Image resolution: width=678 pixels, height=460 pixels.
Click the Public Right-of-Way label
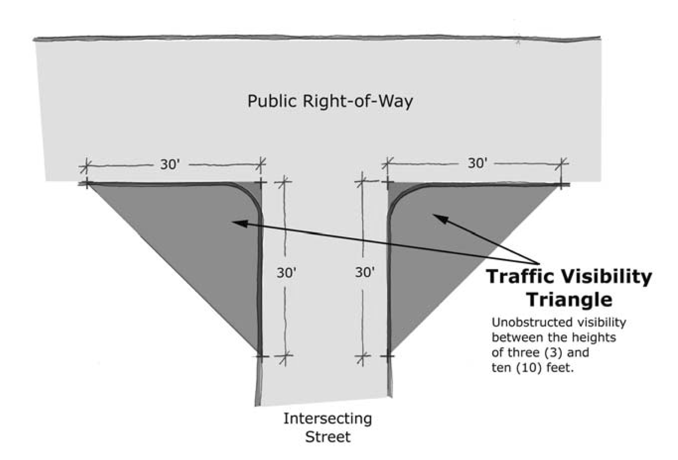pos(330,101)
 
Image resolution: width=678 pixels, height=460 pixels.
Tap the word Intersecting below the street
pos(327,419)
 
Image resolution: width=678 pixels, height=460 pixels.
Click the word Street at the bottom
pos(328,437)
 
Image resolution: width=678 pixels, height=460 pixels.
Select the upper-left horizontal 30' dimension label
pos(170,165)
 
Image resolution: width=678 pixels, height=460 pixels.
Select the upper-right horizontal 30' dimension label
pos(477,163)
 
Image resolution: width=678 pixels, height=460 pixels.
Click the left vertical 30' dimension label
pos(286,273)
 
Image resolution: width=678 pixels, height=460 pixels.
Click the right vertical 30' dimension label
pos(365,272)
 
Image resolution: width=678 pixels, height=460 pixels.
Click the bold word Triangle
pos(570,299)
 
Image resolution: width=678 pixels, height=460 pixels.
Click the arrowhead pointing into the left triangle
pos(241,223)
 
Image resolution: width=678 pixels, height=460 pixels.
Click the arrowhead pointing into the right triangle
pos(440,218)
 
